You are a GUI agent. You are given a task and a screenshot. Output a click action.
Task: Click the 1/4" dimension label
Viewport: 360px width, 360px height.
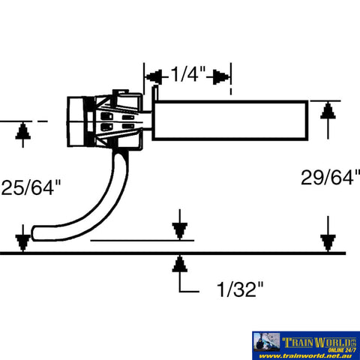coord(187,75)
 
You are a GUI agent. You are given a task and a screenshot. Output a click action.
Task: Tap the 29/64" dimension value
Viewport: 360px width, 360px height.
coord(328,178)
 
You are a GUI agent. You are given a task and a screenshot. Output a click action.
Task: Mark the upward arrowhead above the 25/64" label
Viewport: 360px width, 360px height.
coord(22,130)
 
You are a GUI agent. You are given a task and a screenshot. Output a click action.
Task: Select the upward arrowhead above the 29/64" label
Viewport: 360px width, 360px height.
coord(326,112)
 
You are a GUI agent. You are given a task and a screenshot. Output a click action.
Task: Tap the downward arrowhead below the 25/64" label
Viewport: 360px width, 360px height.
coord(22,241)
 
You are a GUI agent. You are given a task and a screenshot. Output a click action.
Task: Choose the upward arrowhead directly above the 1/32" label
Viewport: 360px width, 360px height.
coord(179,264)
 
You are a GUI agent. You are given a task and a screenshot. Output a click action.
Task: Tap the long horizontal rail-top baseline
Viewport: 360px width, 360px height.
coord(180,253)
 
